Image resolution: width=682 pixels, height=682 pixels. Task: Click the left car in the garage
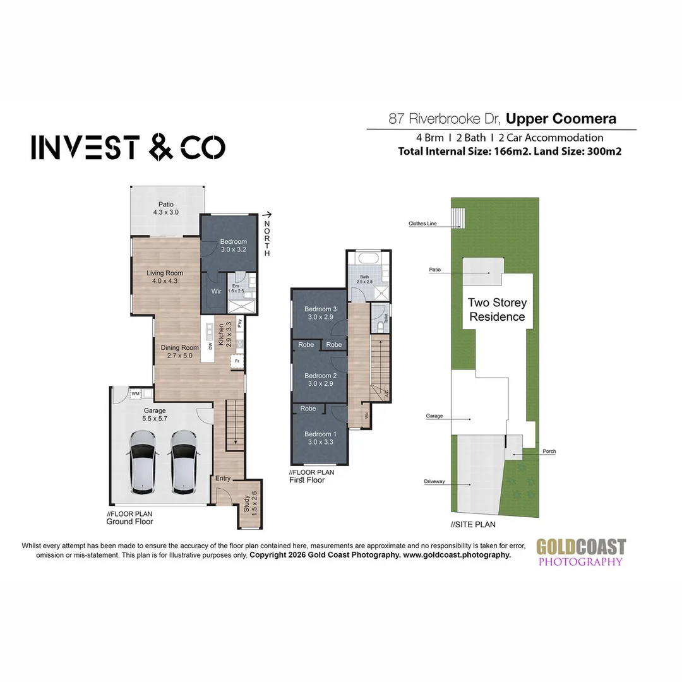click(143, 462)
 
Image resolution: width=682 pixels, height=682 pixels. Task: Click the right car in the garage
click(184, 462)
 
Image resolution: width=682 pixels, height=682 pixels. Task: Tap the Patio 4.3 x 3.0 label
click(166, 208)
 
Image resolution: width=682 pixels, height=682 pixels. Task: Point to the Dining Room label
click(181, 351)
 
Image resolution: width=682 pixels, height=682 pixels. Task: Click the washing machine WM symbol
click(135, 394)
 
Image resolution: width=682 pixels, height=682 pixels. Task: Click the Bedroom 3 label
click(321, 313)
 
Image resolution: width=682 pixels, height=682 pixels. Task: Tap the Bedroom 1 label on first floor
click(320, 438)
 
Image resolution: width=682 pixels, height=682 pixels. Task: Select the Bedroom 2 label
click(321, 380)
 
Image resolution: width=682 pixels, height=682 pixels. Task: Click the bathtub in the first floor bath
click(366, 258)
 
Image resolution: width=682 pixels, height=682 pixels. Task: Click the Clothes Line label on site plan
click(422, 223)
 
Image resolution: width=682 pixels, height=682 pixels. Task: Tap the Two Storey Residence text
click(496, 309)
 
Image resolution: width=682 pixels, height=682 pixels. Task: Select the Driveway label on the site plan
click(435, 481)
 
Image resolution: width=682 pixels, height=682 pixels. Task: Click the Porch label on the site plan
click(548, 452)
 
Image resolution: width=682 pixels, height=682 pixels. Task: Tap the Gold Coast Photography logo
click(580, 551)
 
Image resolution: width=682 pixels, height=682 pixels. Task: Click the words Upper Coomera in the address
click(561, 118)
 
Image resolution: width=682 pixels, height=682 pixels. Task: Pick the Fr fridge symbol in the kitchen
click(237, 362)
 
